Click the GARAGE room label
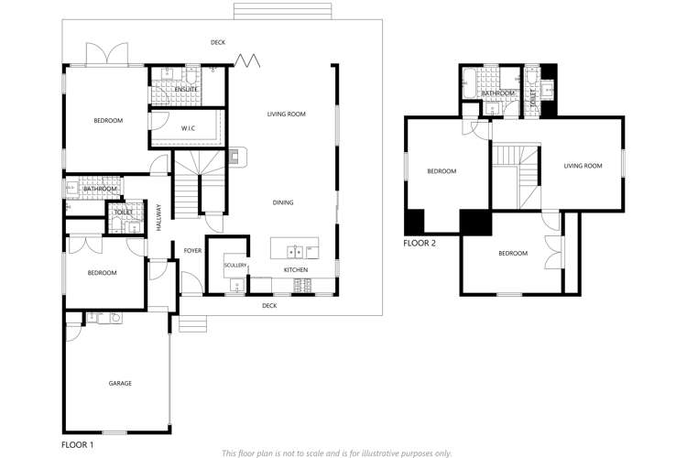[x=120, y=383]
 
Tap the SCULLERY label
[x=235, y=266]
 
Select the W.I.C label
[x=190, y=128]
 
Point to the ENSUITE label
[x=200, y=89]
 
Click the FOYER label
[x=192, y=250]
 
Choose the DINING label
[x=283, y=202]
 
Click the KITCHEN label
[x=295, y=270]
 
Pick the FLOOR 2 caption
[x=420, y=244]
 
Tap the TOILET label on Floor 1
[x=122, y=212]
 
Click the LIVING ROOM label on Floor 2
[x=583, y=166]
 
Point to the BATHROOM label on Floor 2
[x=498, y=93]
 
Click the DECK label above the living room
[x=218, y=42]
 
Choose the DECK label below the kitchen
[x=269, y=305]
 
